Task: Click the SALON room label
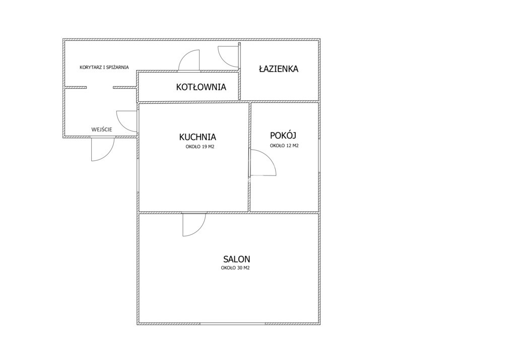[236, 259]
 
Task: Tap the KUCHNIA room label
[198, 137]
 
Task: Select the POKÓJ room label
[283, 135]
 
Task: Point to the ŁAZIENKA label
[278, 69]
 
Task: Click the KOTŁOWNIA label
[201, 87]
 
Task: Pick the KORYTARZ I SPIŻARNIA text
[104, 67]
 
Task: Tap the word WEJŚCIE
[102, 130]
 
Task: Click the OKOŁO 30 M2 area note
[235, 268]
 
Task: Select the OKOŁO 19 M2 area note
[200, 147]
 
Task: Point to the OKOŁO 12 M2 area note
[284, 146]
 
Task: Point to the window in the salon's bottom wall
[232, 324]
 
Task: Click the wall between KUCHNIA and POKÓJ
[249, 157]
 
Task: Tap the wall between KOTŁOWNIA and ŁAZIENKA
[239, 71]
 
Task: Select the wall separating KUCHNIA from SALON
[193, 212]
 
